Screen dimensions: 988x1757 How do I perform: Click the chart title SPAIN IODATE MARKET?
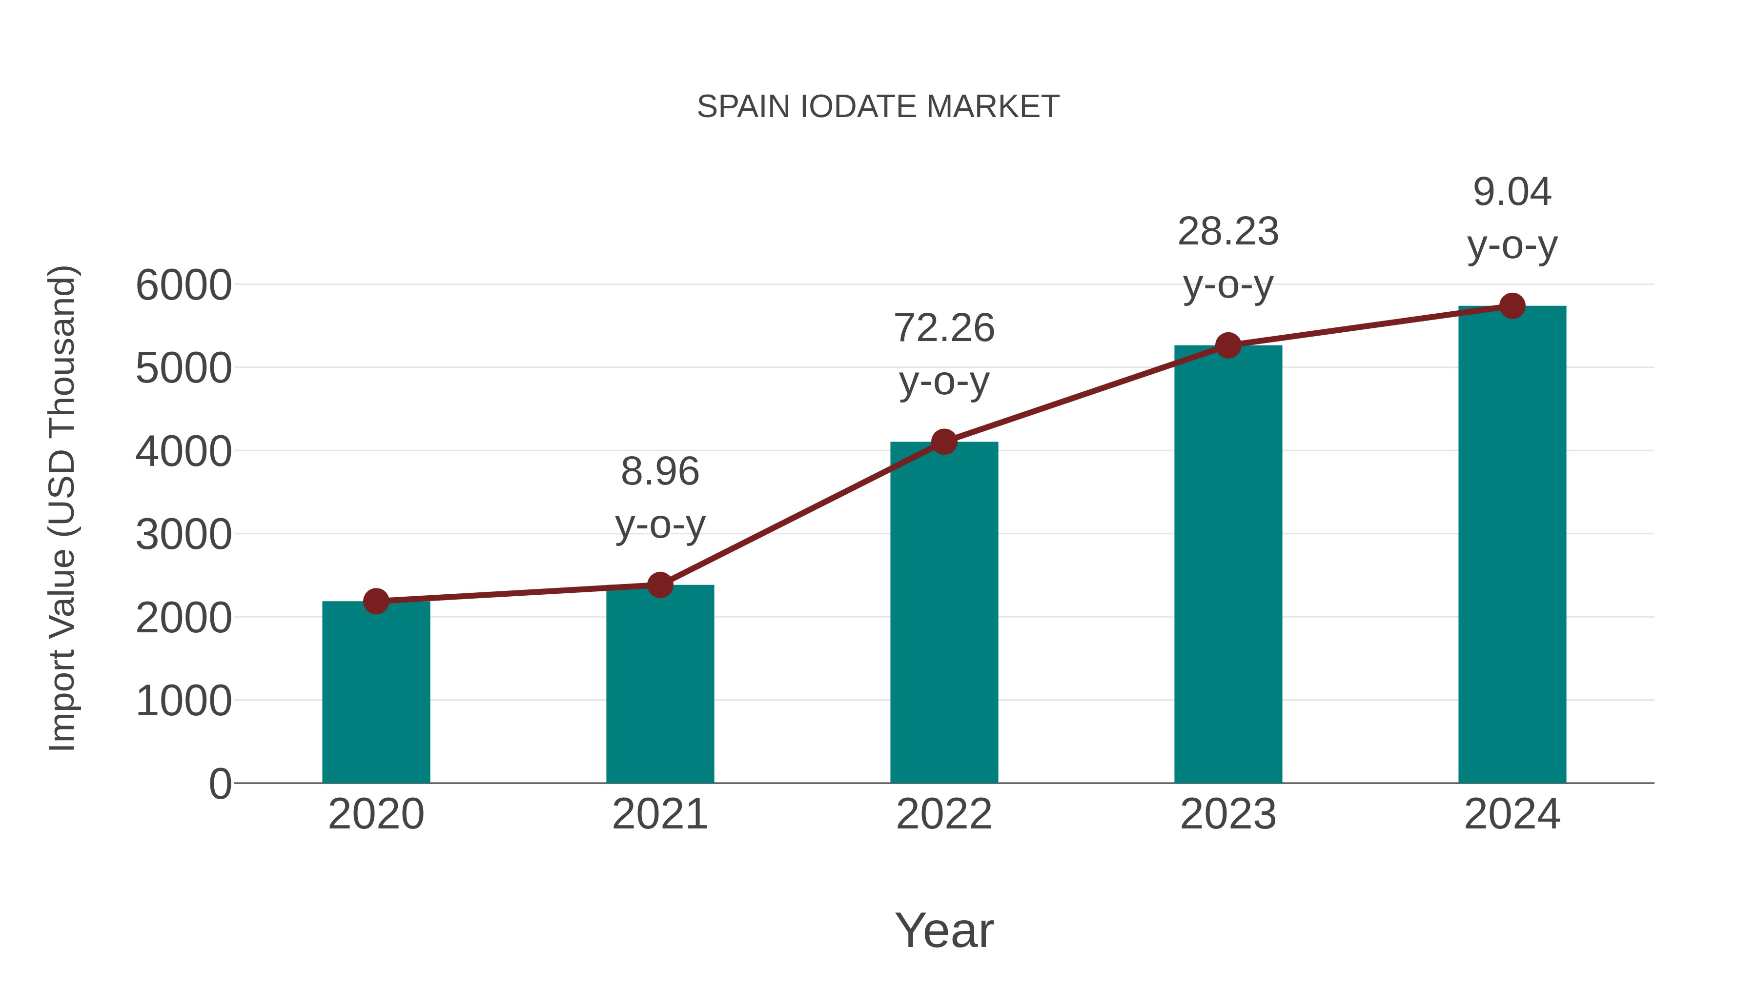[878, 107]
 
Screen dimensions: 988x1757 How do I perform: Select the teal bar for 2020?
[376, 692]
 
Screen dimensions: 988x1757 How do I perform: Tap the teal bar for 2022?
[944, 614]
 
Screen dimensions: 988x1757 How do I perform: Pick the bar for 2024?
[1512, 545]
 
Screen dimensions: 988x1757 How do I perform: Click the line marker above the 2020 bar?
[376, 602]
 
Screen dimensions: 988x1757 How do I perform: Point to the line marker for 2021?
[659, 585]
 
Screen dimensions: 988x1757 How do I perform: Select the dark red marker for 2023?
[1228, 346]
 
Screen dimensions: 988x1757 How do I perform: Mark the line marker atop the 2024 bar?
[1512, 306]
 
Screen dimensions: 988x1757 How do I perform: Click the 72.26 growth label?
[944, 329]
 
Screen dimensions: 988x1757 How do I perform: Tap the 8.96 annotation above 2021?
[659, 472]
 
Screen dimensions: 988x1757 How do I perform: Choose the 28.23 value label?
[1228, 232]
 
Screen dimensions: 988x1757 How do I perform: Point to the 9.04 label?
[1512, 192]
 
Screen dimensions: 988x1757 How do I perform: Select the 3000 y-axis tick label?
[184, 535]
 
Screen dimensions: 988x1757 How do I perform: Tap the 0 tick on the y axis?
[220, 784]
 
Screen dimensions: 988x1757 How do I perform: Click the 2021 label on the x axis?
[659, 814]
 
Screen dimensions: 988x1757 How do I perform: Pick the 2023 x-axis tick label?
[1228, 814]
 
